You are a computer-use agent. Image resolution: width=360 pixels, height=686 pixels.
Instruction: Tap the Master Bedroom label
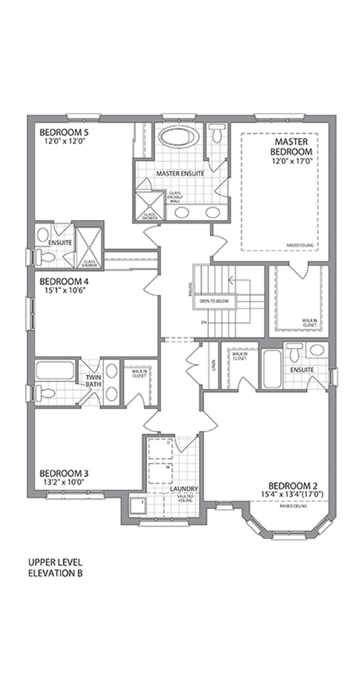point(291,145)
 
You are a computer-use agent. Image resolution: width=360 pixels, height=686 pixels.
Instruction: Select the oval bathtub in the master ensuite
point(179,137)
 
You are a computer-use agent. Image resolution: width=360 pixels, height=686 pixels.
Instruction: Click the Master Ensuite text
point(180,174)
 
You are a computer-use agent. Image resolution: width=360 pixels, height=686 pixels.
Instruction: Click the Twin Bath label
point(94,381)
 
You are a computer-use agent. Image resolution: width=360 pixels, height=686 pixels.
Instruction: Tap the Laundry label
point(184,489)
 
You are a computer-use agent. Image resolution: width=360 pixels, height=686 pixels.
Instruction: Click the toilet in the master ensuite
point(217,131)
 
